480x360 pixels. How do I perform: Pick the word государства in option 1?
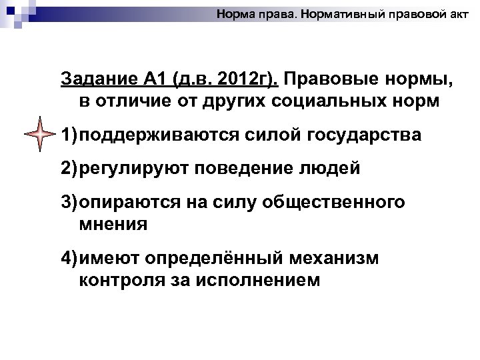coord(364,135)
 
